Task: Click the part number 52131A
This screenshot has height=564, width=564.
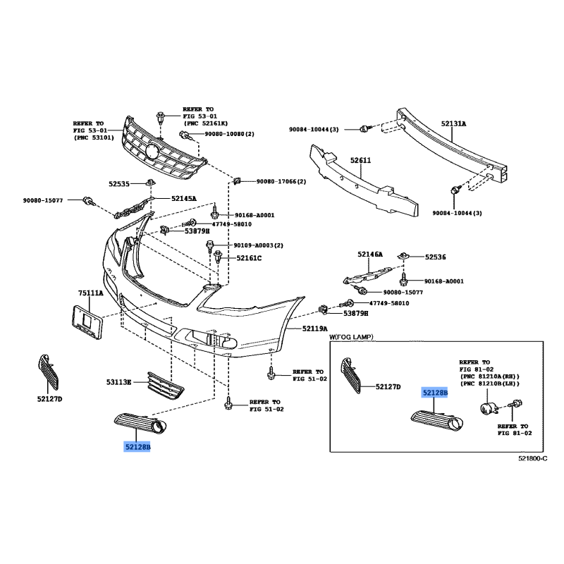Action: [x=453, y=124]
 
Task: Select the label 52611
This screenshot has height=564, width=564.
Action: [x=360, y=161]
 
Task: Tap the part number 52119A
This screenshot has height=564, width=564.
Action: [x=314, y=329]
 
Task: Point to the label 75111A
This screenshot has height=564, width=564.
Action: [x=91, y=293]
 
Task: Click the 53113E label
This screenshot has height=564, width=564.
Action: [x=118, y=382]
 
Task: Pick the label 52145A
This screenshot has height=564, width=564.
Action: [x=184, y=198]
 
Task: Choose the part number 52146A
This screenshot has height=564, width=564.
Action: [x=370, y=255]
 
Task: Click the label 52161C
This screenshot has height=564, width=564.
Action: [x=249, y=258]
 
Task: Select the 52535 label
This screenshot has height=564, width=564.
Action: [x=119, y=184]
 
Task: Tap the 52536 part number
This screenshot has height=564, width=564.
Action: [x=435, y=257]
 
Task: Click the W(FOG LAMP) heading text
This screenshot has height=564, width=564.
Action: [x=351, y=337]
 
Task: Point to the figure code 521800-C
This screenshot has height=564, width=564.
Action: [x=533, y=458]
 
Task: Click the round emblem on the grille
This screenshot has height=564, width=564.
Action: [x=153, y=150]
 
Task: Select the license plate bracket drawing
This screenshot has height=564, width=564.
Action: [x=87, y=322]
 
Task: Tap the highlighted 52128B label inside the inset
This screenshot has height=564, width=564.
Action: [x=435, y=393]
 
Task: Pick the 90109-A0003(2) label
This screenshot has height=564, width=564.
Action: [x=258, y=245]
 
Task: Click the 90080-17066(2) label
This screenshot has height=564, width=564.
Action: [x=281, y=182]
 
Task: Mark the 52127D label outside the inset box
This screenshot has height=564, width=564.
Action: [x=49, y=399]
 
